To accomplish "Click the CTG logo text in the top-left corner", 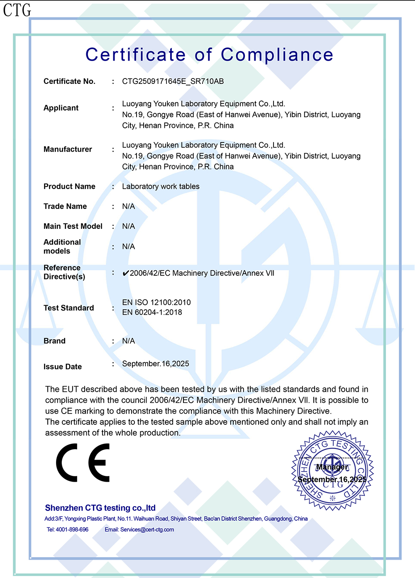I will coord(17,10).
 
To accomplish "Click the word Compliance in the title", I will coord(277,55).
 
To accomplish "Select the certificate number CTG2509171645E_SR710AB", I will coord(173,81).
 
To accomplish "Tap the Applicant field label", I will coord(61,108).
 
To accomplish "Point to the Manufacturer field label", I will coord(68,149).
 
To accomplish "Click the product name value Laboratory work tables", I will coord(161,186).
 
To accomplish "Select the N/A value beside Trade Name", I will coord(128,206).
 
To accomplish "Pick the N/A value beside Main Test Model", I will coord(128,226).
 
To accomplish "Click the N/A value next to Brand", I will coord(128,341).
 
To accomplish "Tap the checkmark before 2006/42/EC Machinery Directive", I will coord(125,273).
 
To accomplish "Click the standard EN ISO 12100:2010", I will coord(156,302).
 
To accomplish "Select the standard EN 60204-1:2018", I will coord(152,312).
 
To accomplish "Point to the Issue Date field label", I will coord(63,367).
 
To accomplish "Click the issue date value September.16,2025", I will coord(156,364).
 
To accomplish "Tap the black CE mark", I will coord(83,463).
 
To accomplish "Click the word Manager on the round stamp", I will coord(332,467).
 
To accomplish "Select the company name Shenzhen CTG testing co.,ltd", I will coord(100,508).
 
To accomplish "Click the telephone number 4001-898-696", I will coord(72,530).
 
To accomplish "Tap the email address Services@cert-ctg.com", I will coord(147,530).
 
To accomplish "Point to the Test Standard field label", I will coord(68,308).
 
